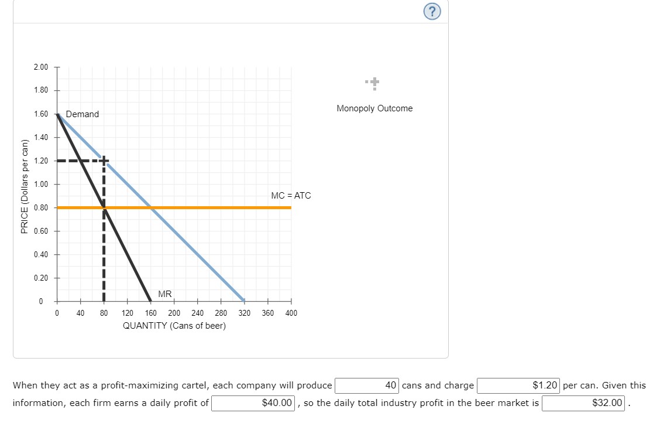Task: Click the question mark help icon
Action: [x=432, y=12]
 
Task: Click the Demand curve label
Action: [x=82, y=114]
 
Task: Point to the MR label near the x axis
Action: [x=164, y=294]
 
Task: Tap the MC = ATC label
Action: [x=291, y=195]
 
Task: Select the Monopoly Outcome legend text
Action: [x=374, y=108]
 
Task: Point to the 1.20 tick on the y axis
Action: [x=41, y=161]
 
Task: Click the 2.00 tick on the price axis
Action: [x=41, y=67]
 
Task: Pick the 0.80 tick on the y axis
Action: [x=41, y=207]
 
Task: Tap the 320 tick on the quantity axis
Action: [x=244, y=313]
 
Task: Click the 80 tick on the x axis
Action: [x=104, y=313]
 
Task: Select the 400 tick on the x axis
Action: [x=291, y=313]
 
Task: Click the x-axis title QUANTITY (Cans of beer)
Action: [x=174, y=326]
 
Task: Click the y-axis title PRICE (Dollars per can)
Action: [x=24, y=187]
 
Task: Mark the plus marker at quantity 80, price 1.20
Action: [x=104, y=161]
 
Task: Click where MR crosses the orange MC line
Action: [x=104, y=207]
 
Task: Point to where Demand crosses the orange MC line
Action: [x=150, y=207]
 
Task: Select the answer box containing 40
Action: [x=367, y=386]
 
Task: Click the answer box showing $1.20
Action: [x=518, y=386]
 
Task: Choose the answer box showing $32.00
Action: [x=584, y=403]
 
